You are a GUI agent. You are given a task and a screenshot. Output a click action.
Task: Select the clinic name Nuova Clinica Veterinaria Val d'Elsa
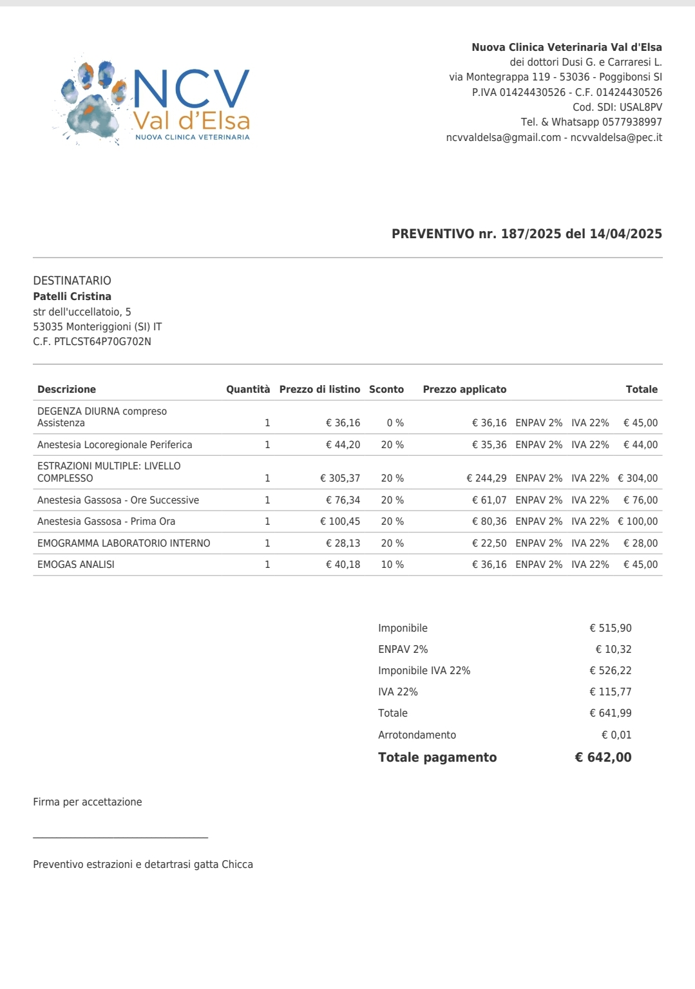tap(567, 47)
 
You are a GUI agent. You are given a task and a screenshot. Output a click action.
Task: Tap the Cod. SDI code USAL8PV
tap(640, 107)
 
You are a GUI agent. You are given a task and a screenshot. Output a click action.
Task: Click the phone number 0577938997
tap(632, 122)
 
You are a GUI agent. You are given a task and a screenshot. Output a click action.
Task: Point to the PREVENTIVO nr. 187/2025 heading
tap(526, 234)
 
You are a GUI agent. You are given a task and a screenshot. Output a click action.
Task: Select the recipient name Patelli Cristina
tap(72, 296)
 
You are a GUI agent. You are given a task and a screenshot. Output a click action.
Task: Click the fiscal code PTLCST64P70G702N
tap(102, 341)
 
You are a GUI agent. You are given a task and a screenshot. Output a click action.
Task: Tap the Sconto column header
tap(386, 389)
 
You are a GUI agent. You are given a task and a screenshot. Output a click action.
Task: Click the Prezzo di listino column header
tap(319, 389)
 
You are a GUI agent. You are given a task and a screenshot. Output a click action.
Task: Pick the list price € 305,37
tap(340, 478)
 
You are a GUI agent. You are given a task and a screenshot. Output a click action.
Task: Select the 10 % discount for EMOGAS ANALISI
tap(392, 564)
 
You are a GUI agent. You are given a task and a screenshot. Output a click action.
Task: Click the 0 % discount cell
tap(395, 422)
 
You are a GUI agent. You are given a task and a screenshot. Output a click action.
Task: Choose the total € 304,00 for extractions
tap(638, 478)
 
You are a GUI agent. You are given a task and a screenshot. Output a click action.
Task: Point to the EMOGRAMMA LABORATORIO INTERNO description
tap(124, 543)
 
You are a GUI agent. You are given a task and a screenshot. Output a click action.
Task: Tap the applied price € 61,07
tap(489, 500)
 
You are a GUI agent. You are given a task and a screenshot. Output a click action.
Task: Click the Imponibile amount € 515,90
tap(610, 628)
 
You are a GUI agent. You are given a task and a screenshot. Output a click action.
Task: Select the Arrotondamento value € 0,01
tap(616, 735)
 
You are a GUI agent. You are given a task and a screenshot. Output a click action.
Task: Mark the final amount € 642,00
tap(603, 757)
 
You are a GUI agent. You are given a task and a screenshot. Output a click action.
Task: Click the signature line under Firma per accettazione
tap(120, 837)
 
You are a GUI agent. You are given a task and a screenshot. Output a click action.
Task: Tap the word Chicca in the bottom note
tap(237, 864)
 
